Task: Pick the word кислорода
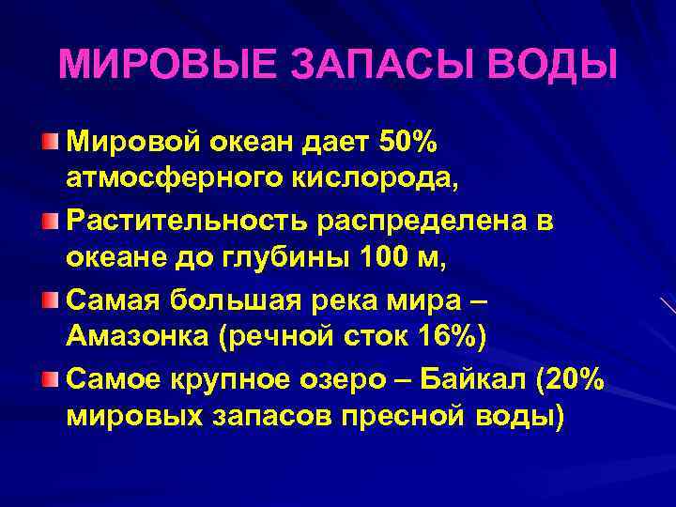coord(356,177)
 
